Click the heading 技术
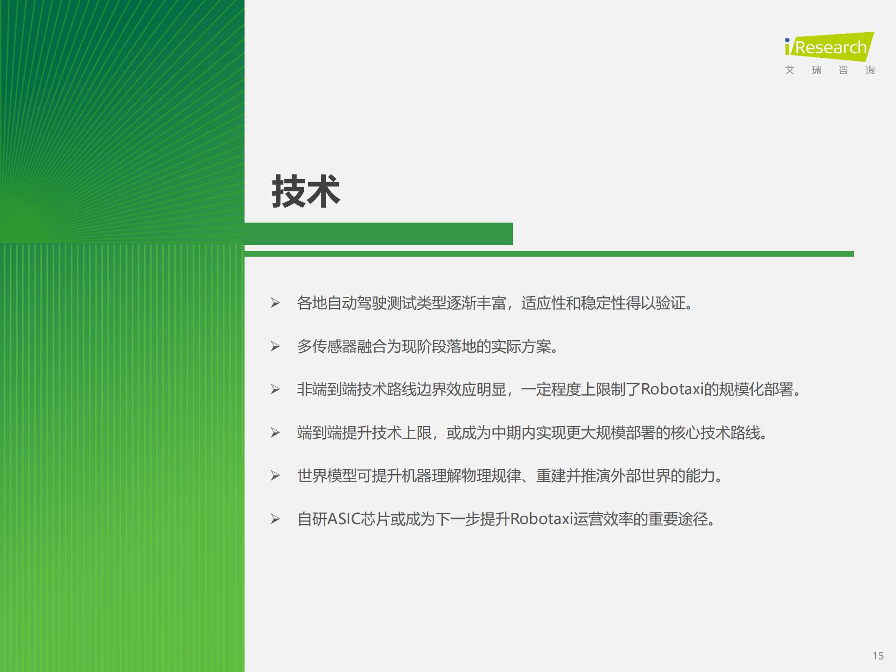coord(306,191)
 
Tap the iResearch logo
coord(829,47)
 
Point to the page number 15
coord(878,656)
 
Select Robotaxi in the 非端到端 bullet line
coord(672,389)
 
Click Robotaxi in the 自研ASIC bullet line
coord(541,519)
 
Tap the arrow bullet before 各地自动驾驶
coord(275,303)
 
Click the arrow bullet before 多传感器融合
coord(275,346)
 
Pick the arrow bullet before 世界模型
coord(275,476)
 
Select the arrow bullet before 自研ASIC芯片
coord(275,519)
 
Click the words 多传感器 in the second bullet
coord(327,346)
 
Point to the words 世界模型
coord(327,476)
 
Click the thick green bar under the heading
coord(378,234)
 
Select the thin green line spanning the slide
coord(549,254)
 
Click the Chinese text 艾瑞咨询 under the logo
coord(830,70)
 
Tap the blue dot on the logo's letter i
coord(787,40)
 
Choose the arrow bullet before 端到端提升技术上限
coord(275,433)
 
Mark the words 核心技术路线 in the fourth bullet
coord(715,433)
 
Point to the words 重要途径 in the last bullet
coord(678,519)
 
